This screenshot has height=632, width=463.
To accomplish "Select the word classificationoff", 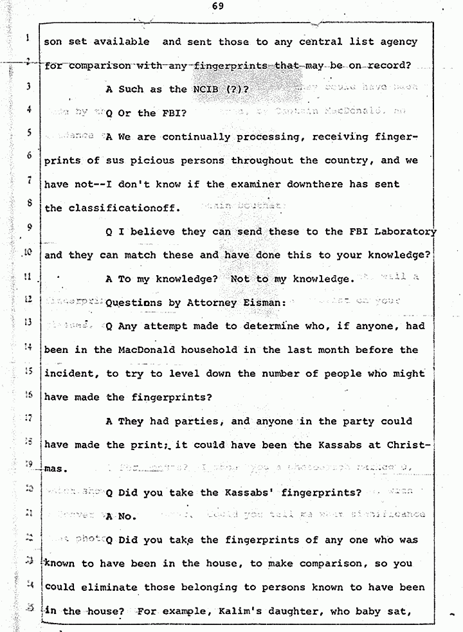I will click(x=119, y=208).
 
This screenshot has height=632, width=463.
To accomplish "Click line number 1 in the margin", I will click(x=28, y=39).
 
